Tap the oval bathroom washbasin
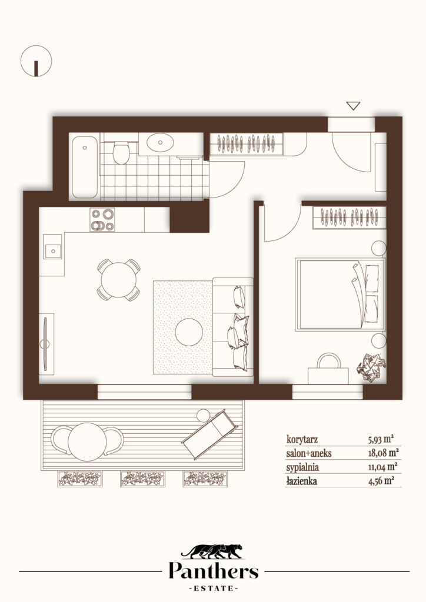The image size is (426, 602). coord(161,142)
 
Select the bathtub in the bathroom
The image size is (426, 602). coord(85,167)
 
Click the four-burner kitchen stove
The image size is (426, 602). coord(102,220)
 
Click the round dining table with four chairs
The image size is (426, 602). coord(119,280)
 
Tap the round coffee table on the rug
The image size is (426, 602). coord(189,332)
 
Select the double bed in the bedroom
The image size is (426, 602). coord(340,295)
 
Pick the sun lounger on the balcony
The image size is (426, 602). coord(209,434)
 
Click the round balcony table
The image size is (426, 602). coord(87,442)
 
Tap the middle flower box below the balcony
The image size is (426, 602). coord(142,479)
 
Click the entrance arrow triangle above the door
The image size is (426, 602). coord(353,106)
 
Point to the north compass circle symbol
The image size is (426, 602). coord(36,61)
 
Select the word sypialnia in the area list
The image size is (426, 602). coord(302,467)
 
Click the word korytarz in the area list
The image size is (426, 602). coord(302,439)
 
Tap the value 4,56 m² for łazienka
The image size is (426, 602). coord(381,481)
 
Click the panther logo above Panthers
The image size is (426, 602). coord(212,551)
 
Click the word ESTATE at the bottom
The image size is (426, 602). coord(214,588)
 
